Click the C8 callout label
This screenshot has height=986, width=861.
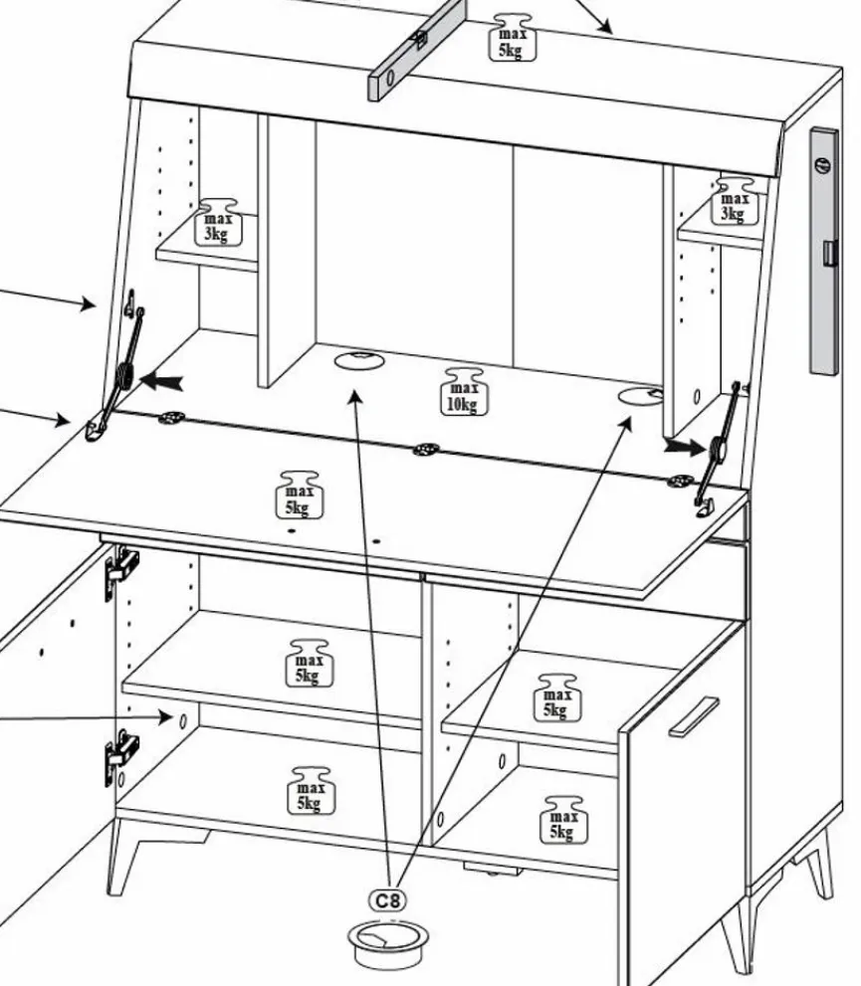[x=389, y=900]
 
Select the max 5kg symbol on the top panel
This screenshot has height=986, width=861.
[x=509, y=38]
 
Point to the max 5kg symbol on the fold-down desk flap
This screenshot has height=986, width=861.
[x=298, y=494]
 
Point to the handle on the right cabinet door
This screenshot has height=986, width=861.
[x=694, y=715]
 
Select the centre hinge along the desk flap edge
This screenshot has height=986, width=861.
[x=427, y=451]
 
